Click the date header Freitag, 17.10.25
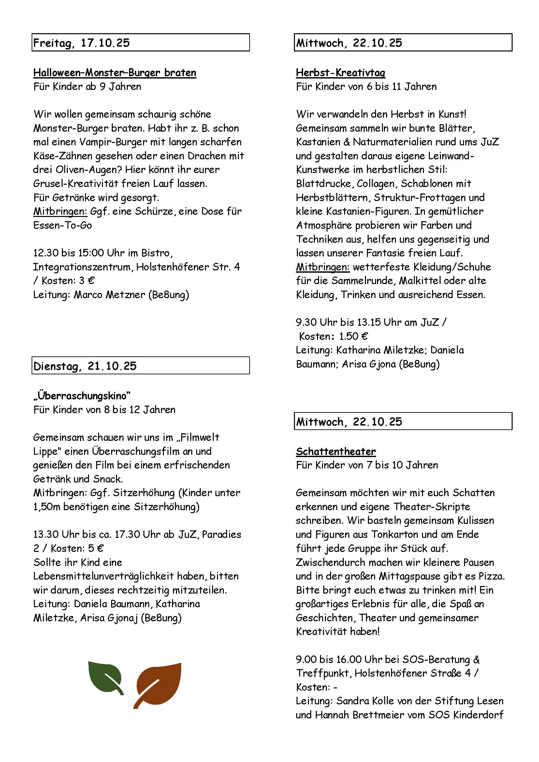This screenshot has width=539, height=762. coord(82,43)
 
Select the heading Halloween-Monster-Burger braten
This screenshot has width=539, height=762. coord(115,73)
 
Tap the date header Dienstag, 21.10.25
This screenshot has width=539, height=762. coord(85,366)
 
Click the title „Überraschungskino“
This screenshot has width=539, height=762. coord(82,395)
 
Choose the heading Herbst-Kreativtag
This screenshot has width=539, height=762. coord(341,73)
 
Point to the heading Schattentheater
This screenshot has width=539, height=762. coord(336,451)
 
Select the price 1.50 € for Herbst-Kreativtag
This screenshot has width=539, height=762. coord(353,336)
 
